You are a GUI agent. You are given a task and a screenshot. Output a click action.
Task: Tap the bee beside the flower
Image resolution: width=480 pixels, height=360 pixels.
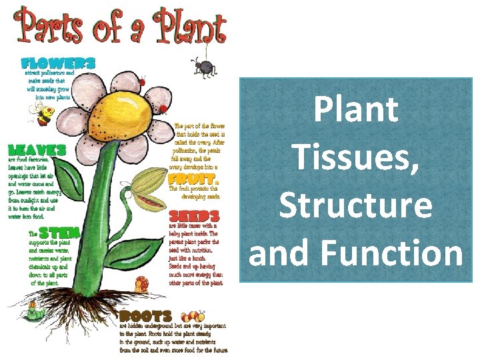coord(45,114)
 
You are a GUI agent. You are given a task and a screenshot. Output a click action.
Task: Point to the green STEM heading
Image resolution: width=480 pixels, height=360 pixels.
coord(59,233)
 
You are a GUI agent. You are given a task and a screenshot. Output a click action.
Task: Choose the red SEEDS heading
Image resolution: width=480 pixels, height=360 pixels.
coord(194,217)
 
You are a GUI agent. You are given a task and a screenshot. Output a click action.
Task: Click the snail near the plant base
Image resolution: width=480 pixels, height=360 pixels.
coord(141,284)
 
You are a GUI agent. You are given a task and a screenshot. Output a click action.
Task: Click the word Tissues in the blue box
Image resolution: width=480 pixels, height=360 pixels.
coord(355,157)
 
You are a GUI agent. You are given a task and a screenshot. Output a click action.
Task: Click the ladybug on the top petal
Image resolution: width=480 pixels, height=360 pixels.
coord(140,81)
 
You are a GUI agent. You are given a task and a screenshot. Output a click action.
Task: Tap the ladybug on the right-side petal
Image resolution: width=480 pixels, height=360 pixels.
coord(164,108)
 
